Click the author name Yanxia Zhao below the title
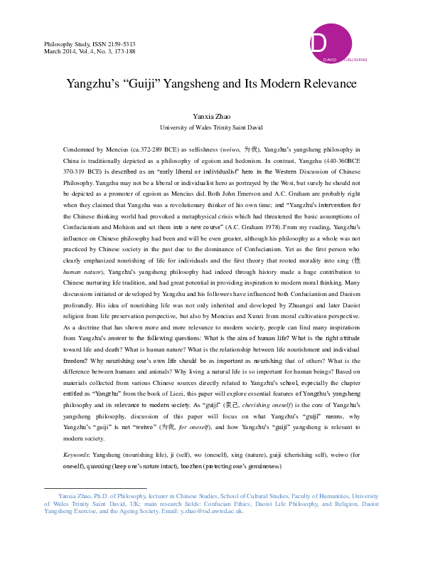pyautogui.click(x=211, y=115)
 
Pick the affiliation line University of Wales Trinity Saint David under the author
pyautogui.click(x=211, y=127)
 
